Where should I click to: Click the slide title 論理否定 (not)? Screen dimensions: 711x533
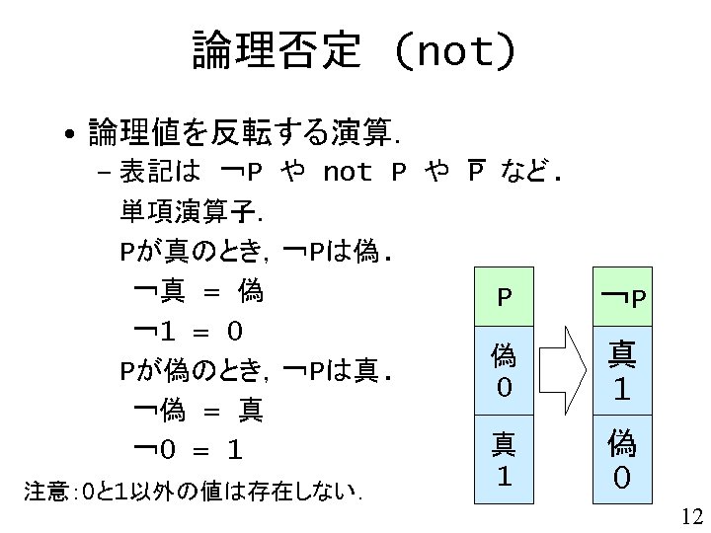coord(354,49)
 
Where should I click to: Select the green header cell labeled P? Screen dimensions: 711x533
coord(504,296)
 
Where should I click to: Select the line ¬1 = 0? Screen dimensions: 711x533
coord(189,330)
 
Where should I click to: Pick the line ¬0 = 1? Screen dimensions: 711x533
coord(189,450)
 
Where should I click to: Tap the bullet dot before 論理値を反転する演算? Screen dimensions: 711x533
coord(70,132)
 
